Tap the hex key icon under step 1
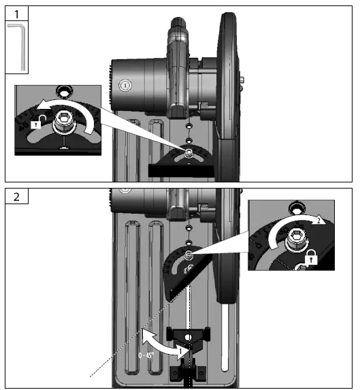pos(18,46)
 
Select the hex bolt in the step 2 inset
pos(297,238)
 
